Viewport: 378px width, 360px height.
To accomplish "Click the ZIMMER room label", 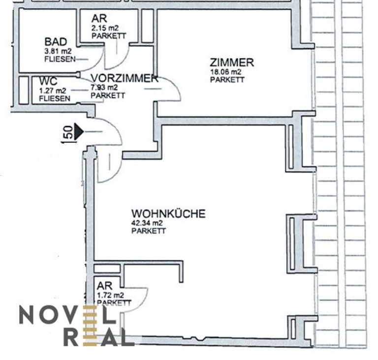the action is coord(232,63).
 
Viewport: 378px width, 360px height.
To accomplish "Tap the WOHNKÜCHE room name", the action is coord(168,214).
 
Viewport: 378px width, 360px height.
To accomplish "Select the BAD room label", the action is coord(56,42).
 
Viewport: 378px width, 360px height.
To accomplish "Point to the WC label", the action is coord(48,81).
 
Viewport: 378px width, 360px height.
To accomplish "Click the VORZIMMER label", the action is coord(125,78).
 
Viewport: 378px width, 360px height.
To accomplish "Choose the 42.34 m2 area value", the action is coord(147,223).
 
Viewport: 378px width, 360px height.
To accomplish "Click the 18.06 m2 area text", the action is coord(225,72).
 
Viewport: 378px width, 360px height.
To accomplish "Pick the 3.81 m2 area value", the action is coord(58,51).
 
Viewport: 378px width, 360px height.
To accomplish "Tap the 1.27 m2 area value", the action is coord(52,91).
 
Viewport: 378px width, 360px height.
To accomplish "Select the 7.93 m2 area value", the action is coord(104,87).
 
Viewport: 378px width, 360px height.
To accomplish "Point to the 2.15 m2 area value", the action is coord(105,28).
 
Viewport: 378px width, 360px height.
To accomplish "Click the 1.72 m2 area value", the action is coord(110,295).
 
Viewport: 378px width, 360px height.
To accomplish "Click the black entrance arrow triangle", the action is coord(79,132).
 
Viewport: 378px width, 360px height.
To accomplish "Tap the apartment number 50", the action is coord(69,132).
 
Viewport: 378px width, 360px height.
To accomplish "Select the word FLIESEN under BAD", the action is coord(60,59).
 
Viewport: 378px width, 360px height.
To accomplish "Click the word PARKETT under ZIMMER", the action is coord(227,80).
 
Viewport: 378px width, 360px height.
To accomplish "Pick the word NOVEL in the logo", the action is coord(67,315).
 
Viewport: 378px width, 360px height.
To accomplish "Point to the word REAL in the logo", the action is coord(98,336).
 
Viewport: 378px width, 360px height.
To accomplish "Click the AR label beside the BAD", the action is coord(99,19).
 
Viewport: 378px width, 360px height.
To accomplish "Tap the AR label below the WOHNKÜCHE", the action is coord(105,286).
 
